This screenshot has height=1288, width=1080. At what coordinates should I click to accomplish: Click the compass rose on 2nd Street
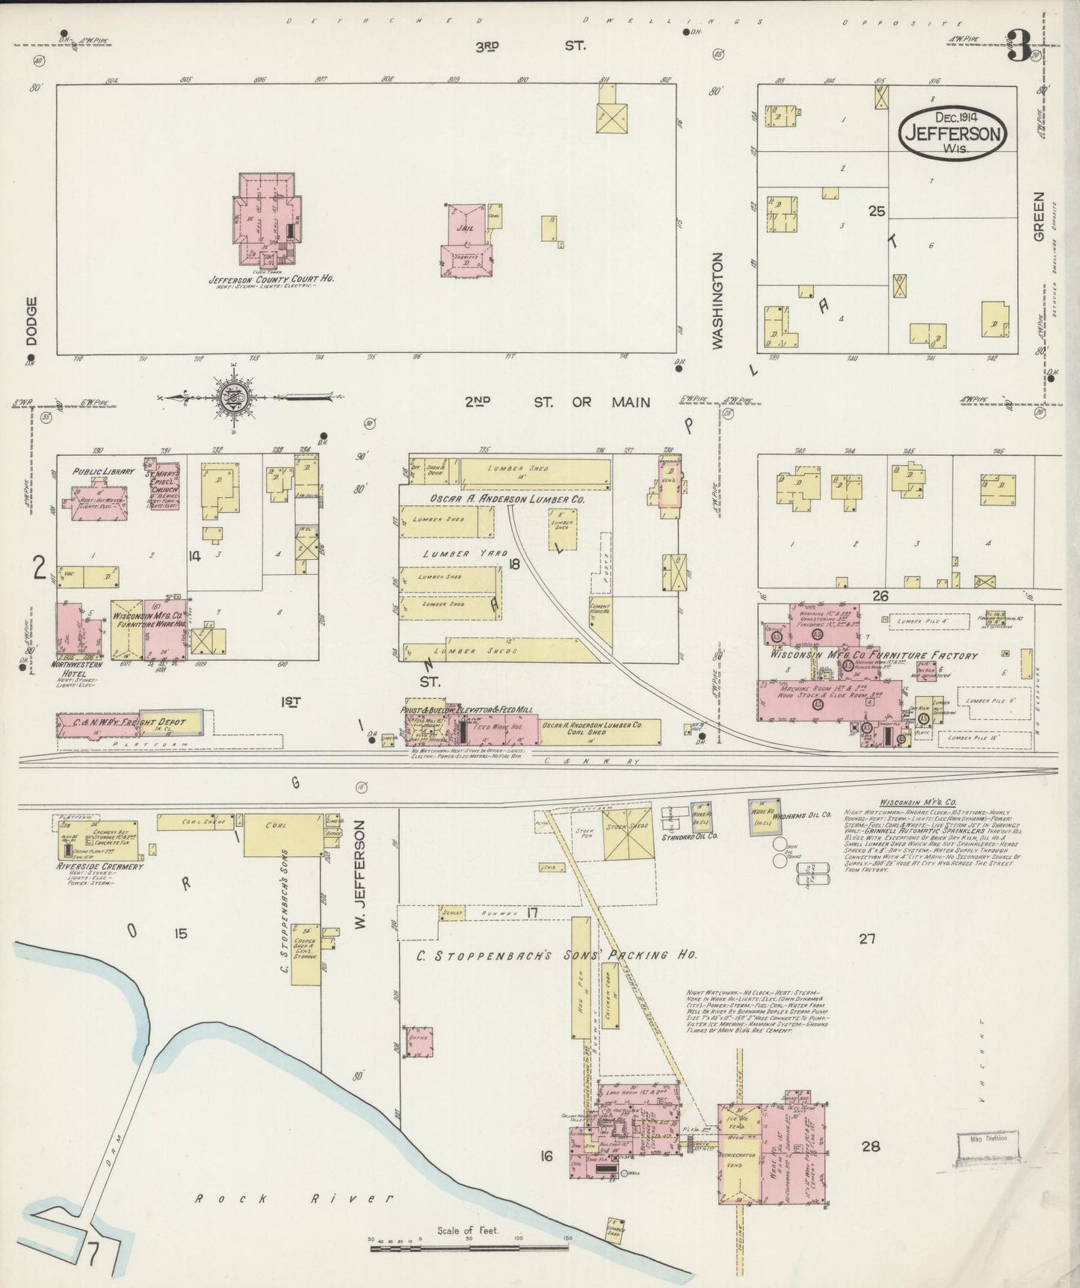coord(233,395)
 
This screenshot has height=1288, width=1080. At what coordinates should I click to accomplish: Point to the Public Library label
coord(103,472)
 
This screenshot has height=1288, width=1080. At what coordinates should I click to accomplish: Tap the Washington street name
coord(718,301)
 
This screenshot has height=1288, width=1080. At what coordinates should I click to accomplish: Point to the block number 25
coord(876,212)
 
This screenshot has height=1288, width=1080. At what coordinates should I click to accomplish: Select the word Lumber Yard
coord(456,554)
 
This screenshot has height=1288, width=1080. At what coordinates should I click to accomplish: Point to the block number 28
coord(870,1146)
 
